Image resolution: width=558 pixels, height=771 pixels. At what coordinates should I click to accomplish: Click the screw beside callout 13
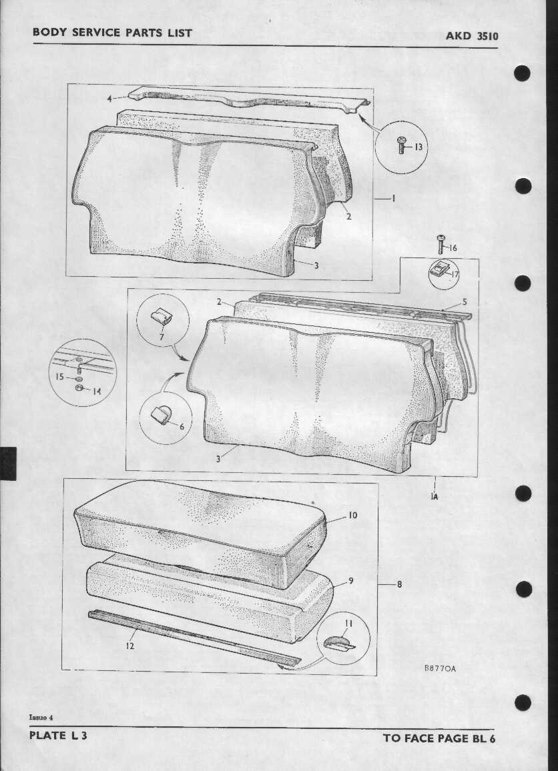click(x=401, y=146)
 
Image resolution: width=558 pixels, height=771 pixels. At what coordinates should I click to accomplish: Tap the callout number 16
click(x=452, y=248)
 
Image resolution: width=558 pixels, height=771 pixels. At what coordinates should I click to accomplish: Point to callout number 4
click(x=109, y=98)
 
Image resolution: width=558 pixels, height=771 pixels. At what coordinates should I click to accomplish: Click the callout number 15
click(x=60, y=377)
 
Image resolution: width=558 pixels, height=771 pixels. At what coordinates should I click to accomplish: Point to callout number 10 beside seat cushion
click(x=352, y=515)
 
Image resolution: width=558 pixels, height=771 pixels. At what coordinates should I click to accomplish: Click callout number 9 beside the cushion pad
click(x=351, y=581)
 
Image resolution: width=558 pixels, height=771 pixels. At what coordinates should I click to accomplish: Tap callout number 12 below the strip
click(x=129, y=646)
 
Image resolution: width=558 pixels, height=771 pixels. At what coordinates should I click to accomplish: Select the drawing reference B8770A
click(x=440, y=668)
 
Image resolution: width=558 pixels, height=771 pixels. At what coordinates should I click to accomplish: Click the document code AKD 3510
click(x=472, y=36)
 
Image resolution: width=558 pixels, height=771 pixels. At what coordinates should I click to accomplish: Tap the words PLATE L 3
click(x=59, y=736)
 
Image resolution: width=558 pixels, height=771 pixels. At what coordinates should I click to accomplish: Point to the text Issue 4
click(x=41, y=718)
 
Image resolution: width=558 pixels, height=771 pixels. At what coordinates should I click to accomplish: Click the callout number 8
click(x=399, y=584)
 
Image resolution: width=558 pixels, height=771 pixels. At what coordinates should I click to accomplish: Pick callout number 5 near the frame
click(x=465, y=302)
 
